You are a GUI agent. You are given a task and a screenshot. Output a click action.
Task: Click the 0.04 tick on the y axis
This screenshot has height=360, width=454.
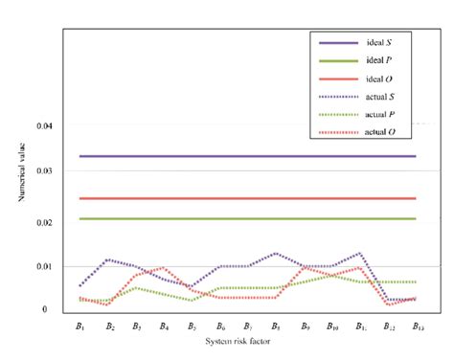pos(41,125)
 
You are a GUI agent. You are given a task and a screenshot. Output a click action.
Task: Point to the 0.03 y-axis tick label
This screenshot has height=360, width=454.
pos(41,170)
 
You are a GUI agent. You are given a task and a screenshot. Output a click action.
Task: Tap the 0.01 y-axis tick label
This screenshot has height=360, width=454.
pos(41,266)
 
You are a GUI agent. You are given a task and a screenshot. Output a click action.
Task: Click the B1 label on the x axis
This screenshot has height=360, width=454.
pos(81,326)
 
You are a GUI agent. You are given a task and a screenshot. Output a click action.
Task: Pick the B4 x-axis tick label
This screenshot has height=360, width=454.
pos(164,326)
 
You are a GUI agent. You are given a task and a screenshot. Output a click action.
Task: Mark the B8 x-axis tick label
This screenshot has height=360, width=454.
pos(276,326)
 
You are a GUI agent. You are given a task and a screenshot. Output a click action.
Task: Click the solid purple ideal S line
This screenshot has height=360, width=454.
pos(239,156)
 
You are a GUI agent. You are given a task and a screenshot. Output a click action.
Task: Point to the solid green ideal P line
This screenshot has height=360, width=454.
pos(239,219)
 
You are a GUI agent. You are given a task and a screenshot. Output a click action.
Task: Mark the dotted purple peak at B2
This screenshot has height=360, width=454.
pos(109,259)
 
